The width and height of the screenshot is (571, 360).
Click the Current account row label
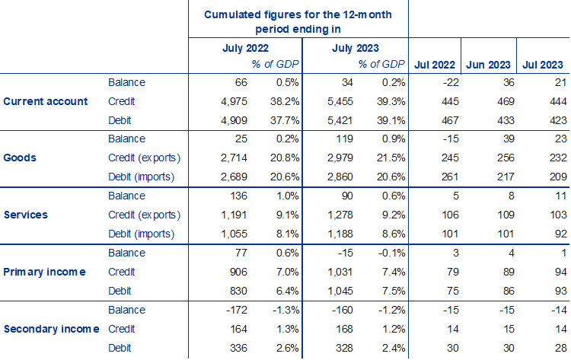coord(46,101)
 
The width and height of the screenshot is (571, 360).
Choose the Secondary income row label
coord(52,329)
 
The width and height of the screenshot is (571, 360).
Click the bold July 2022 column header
coord(245,47)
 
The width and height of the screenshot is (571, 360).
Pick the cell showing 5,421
coord(338,120)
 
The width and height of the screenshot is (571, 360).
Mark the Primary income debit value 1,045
coord(338,291)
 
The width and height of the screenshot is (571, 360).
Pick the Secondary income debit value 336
coord(233,348)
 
